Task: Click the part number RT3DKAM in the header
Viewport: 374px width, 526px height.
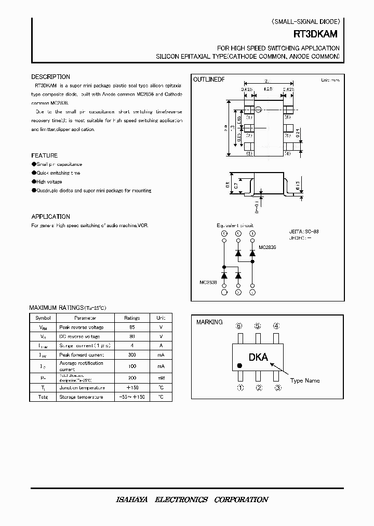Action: click(x=315, y=34)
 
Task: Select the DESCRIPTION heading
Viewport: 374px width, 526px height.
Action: click(x=50, y=77)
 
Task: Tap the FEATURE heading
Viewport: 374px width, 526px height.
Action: click(x=45, y=155)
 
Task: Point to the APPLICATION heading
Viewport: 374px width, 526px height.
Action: click(x=50, y=216)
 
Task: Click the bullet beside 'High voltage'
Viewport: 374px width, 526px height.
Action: click(x=33, y=181)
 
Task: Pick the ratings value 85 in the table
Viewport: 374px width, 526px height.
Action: click(x=132, y=327)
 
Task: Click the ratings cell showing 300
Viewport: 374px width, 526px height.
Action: click(x=132, y=354)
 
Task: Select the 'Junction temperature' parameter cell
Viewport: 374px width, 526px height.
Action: click(x=82, y=387)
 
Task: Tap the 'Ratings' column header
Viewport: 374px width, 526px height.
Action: click(x=132, y=318)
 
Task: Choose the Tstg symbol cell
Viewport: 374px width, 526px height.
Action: click(x=43, y=397)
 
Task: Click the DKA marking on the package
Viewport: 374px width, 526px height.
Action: click(x=258, y=357)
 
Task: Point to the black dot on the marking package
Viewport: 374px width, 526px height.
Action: click(x=240, y=365)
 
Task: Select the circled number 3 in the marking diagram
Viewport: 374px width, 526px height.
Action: click(x=278, y=387)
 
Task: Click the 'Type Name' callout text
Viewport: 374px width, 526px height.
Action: click(x=305, y=380)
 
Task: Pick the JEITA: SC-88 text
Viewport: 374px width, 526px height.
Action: click(x=303, y=231)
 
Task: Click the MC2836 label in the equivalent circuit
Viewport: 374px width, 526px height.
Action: click(x=267, y=247)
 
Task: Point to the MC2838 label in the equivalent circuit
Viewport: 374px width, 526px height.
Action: click(x=209, y=283)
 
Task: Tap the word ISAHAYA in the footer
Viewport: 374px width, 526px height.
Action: click(x=131, y=499)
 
